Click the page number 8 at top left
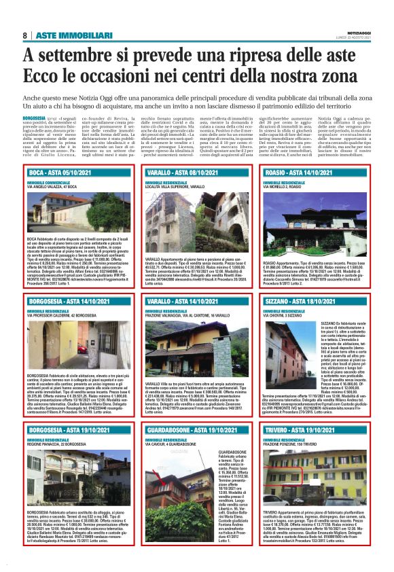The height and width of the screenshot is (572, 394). (x=24, y=35)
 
